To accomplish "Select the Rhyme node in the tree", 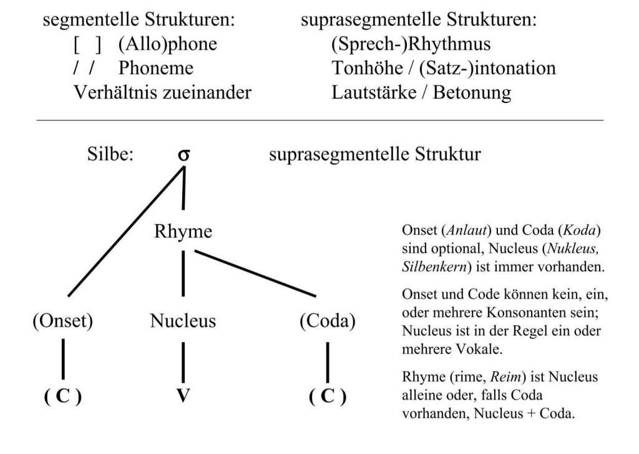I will (x=183, y=232).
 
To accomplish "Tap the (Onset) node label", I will (x=62, y=321).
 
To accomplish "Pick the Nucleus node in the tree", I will (x=183, y=321).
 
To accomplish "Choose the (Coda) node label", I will (x=327, y=321).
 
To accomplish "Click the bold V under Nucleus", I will (x=183, y=396).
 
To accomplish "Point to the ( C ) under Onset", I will (x=62, y=397).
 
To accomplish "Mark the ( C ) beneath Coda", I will (x=327, y=397).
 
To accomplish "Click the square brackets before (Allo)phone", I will (x=87, y=45).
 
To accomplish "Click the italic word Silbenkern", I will (x=433, y=265).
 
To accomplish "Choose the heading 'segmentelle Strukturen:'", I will (x=139, y=21).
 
